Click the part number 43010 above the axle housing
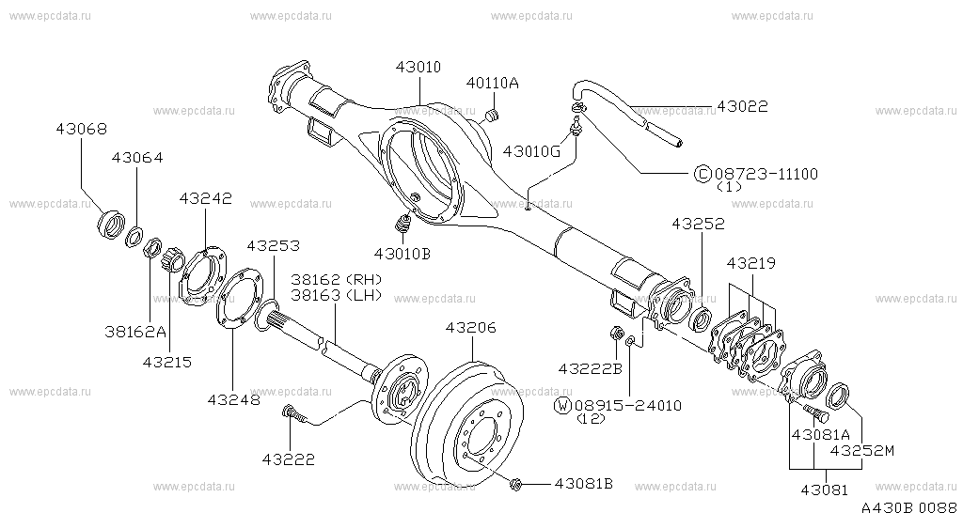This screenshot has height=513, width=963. [419, 67]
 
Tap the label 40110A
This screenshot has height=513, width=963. [493, 83]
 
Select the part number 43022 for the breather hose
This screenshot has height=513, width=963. [742, 107]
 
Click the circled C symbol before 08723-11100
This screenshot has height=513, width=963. [702, 174]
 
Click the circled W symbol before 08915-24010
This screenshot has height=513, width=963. [563, 405]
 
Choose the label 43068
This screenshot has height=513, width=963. [80, 129]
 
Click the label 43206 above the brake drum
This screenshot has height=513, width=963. [470, 327]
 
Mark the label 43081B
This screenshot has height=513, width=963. [583, 484]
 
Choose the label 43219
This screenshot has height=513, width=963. [748, 264]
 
